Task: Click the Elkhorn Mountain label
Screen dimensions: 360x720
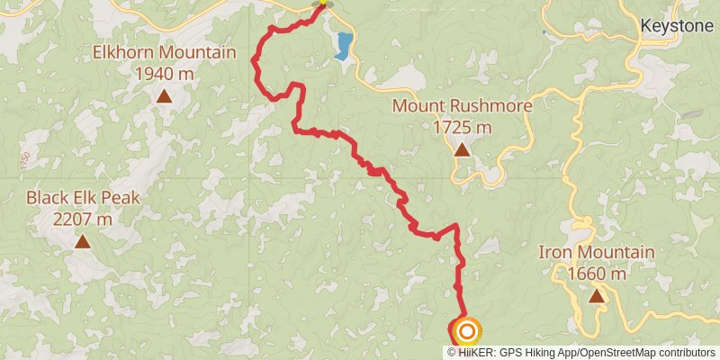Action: tap(165, 52)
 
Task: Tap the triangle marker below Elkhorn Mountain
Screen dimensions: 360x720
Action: tap(164, 94)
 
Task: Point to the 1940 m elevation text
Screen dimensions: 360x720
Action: tap(165, 73)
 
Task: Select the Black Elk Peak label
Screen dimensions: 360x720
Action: tap(83, 197)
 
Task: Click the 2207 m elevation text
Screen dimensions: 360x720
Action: tap(83, 218)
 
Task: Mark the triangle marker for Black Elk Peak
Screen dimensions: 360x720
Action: tap(83, 240)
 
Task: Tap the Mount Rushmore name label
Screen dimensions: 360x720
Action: tap(462, 106)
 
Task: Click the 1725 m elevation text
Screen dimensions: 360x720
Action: tap(462, 127)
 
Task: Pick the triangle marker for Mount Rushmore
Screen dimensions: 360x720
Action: tap(462, 149)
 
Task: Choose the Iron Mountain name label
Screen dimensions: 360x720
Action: tap(597, 252)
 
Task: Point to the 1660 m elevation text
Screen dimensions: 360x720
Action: tap(597, 273)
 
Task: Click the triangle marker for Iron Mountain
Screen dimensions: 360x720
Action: tap(597, 295)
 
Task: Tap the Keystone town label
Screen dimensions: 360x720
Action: tap(676, 26)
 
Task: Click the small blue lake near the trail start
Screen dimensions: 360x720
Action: tap(342, 46)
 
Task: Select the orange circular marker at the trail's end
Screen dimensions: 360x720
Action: tap(466, 332)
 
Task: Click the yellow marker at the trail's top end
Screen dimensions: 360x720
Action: tap(321, 4)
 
